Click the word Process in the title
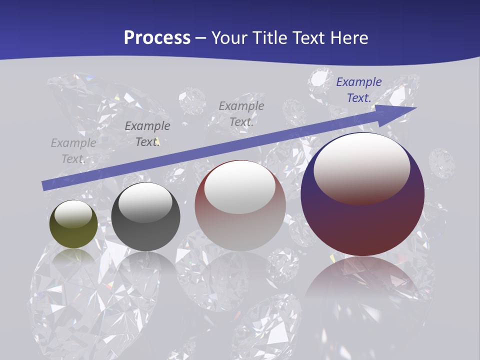coord(157,38)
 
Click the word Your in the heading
coord(230,38)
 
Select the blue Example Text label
coord(358,90)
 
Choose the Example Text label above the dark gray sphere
coord(147,134)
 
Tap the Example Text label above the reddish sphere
coord(241,114)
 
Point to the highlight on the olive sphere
coord(73,213)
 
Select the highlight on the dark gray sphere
coord(145,201)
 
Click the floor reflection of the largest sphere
coord(362,280)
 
